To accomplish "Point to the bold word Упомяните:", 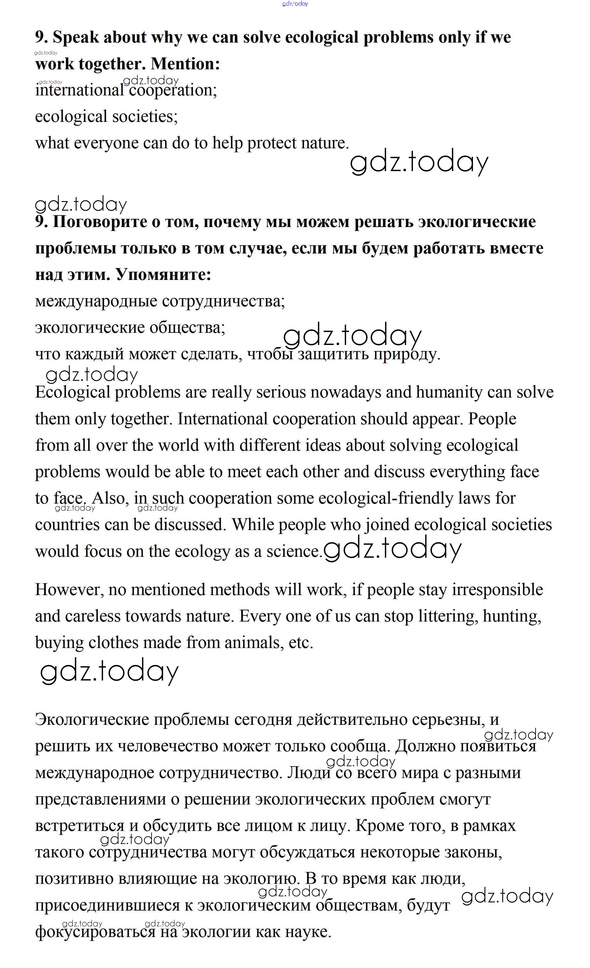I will (x=163, y=275).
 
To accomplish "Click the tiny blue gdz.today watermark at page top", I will (x=295, y=4).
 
